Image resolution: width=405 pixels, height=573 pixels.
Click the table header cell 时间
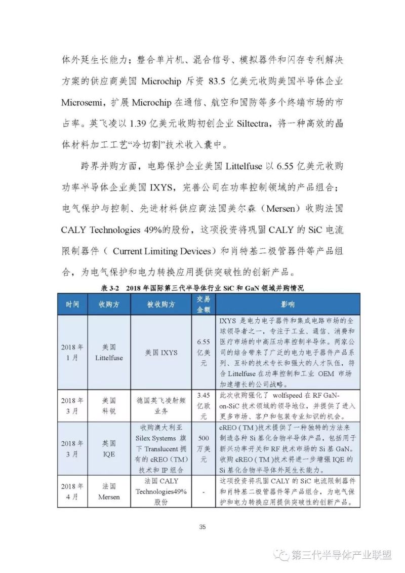[x=72, y=304]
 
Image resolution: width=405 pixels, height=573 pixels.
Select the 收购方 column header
[x=108, y=304]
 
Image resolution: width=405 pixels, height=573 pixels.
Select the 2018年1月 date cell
[x=72, y=352]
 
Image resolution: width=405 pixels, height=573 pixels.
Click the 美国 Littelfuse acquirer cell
[x=108, y=352]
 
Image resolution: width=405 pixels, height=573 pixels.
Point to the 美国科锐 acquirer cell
[x=108, y=405]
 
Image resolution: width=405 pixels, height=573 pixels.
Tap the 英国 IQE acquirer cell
[x=108, y=448]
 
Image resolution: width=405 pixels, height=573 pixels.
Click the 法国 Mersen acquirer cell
[x=108, y=491]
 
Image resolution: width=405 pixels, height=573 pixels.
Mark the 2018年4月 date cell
[x=72, y=491]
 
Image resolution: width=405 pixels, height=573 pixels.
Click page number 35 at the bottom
[x=202, y=527]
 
